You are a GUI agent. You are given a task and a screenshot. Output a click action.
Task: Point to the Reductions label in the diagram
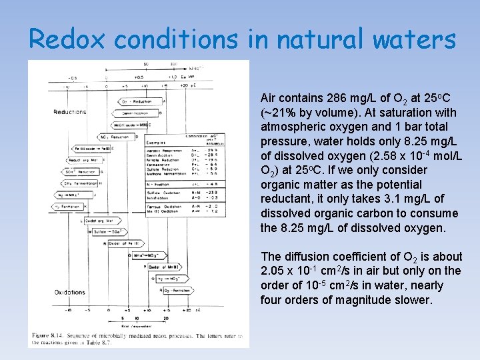69,112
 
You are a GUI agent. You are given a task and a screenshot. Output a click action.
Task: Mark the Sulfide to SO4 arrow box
109,231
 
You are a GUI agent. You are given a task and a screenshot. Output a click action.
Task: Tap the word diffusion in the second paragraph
306,257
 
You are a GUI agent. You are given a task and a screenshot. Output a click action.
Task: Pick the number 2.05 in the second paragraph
273,271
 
